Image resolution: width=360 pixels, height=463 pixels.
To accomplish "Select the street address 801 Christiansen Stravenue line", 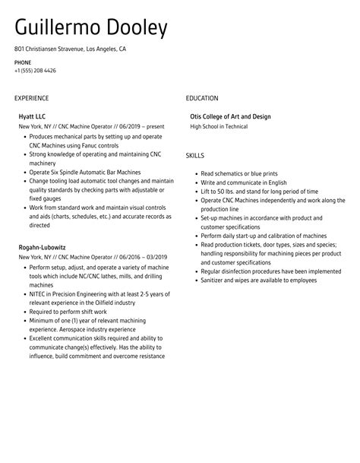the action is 70,49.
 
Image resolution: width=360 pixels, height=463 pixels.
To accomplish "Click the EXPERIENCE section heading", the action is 31,98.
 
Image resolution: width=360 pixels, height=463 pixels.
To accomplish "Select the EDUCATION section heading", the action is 202,98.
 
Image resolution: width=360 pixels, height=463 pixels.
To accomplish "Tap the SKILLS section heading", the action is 195,155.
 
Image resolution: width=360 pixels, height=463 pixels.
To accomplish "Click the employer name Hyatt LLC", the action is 33,116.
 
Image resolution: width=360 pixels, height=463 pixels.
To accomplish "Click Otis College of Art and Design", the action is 230,116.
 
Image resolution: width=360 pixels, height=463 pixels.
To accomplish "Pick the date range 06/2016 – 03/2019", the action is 140,257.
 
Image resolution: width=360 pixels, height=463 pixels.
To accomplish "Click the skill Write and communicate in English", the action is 244,182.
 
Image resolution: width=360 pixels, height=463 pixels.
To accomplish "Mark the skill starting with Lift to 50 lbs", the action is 249,192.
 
